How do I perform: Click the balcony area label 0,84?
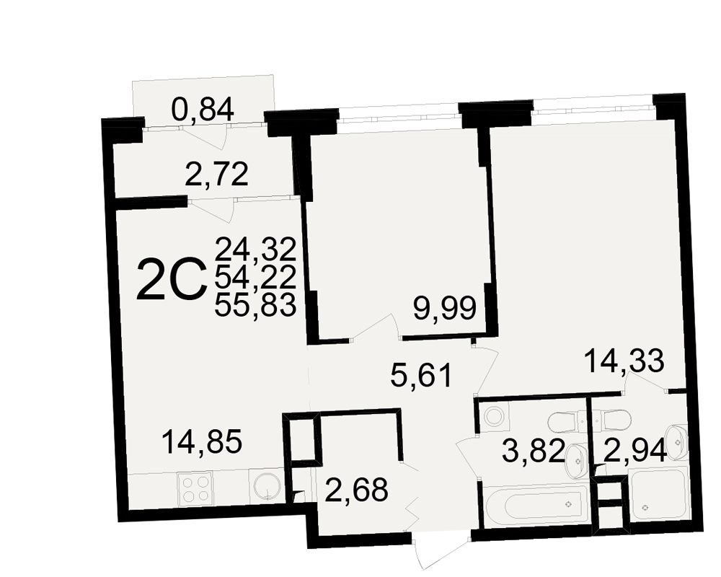pyautogui.click(x=203, y=110)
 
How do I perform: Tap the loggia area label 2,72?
pyautogui.click(x=216, y=175)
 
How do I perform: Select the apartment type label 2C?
pyautogui.click(x=171, y=279)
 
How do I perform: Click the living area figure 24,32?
pyautogui.click(x=255, y=250)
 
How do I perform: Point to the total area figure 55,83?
pyautogui.click(x=255, y=305)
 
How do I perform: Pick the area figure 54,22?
pyautogui.click(x=255, y=278)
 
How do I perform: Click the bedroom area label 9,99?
pyautogui.click(x=445, y=308)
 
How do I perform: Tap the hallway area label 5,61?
pyautogui.click(x=421, y=375)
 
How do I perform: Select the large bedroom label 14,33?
pyautogui.click(x=624, y=361)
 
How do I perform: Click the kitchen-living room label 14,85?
pyautogui.click(x=202, y=443)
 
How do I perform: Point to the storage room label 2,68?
pyautogui.click(x=356, y=490)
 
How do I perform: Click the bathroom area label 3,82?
pyautogui.click(x=534, y=451)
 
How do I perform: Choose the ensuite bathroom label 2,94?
pyautogui.click(x=635, y=451)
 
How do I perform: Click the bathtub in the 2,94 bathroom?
pyautogui.click(x=660, y=495)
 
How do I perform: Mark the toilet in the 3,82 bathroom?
pyautogui.click(x=562, y=420)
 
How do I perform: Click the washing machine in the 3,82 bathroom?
pyautogui.click(x=494, y=417)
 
